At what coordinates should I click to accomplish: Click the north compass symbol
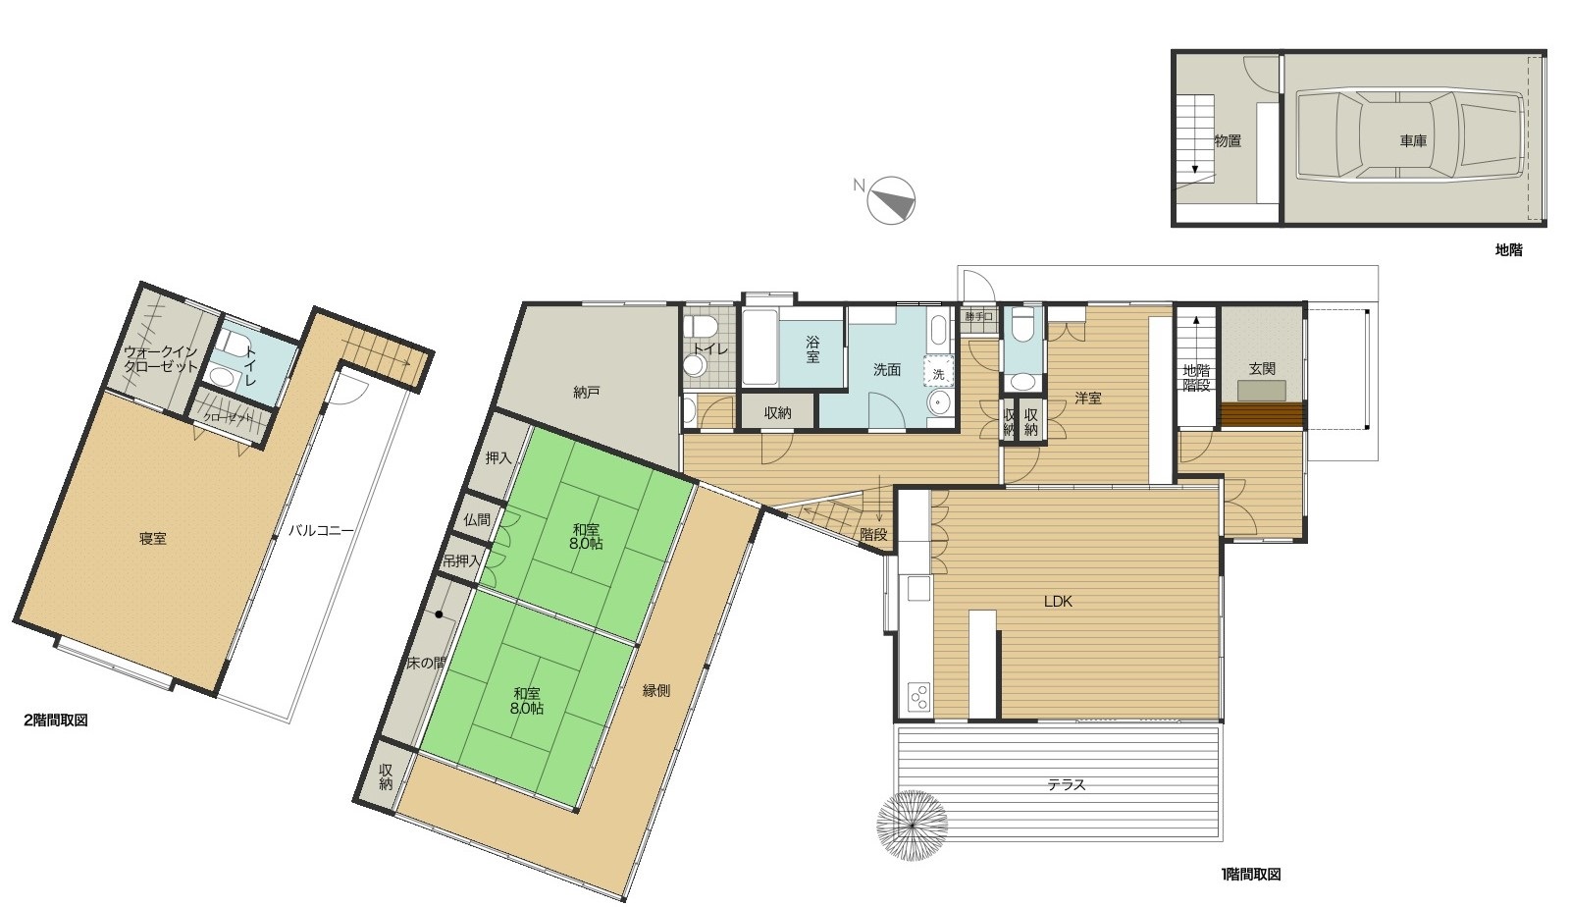[x=891, y=200]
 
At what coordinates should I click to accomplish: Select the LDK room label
[x=1058, y=601]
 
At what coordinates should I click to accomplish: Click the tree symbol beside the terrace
[x=912, y=826]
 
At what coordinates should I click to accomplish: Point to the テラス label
[x=1066, y=784]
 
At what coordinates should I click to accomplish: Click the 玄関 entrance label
[x=1262, y=368]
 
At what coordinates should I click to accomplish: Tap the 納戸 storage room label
[x=586, y=392]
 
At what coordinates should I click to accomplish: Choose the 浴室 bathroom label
[x=812, y=349]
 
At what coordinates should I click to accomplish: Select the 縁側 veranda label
[x=656, y=690]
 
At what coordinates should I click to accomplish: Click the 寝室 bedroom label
[x=152, y=538]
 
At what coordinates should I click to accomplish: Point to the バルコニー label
[x=321, y=530]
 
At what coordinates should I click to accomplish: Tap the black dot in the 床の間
[x=439, y=614]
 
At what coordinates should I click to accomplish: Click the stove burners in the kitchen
[x=918, y=697]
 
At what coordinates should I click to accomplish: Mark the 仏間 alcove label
[x=477, y=519]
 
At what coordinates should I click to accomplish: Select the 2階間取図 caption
[x=55, y=720]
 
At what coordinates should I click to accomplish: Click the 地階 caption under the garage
[x=1509, y=249]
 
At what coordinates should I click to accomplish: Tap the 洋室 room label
[x=1088, y=398]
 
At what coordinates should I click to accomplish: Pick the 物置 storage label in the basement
[x=1228, y=141]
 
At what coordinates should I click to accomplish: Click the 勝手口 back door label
[x=978, y=317]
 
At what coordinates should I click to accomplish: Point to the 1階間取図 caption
[x=1251, y=874]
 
